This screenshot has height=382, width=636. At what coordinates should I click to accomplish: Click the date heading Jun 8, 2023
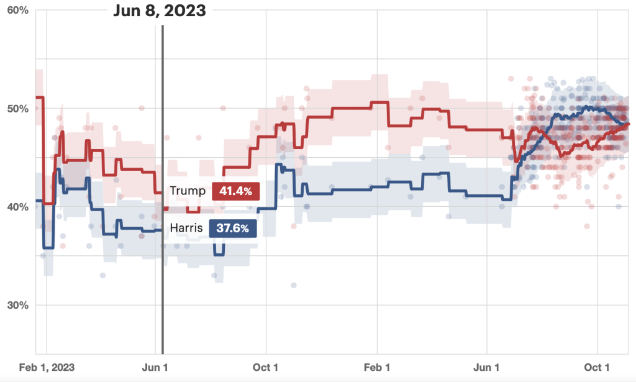pos(160,11)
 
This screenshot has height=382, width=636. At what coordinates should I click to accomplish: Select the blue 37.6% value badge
pos(233,229)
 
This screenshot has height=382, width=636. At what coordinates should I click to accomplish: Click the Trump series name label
pos(188,191)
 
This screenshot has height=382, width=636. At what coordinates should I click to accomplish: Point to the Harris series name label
pos(186,229)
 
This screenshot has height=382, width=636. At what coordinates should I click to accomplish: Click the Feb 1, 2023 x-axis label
pos(47,367)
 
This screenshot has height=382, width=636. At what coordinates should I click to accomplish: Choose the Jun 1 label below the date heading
pos(155,367)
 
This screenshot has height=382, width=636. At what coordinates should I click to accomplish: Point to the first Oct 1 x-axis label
pos(265,367)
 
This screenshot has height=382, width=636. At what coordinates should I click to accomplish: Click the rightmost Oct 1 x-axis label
pos(597,367)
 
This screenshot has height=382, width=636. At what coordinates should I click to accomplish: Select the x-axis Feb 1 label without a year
pos(376,367)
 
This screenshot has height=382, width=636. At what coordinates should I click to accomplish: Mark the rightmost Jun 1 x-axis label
pos(486,367)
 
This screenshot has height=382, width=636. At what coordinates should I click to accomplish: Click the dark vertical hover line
pos(162,186)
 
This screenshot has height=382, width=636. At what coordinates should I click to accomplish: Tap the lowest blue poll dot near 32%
pos(294,286)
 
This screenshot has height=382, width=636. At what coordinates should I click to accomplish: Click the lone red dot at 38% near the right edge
pos(587,226)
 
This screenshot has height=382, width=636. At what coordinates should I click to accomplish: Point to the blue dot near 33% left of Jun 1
pos(103,275)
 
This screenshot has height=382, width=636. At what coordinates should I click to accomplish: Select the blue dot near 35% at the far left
pos(43,255)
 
